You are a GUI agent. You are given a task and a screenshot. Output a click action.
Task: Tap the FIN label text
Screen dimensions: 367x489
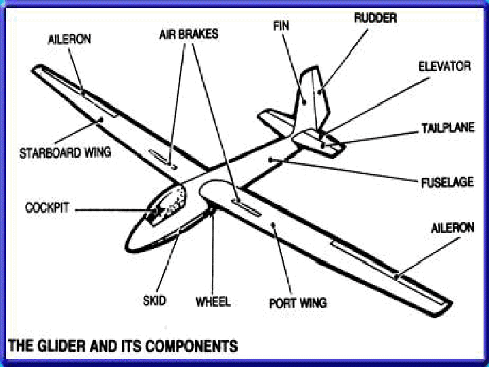(282, 26)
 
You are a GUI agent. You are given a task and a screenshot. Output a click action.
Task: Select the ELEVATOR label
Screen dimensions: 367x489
(444, 67)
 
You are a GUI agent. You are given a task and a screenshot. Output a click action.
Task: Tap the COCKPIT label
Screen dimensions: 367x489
(48, 208)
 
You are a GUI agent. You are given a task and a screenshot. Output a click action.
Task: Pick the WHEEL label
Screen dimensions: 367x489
(213, 301)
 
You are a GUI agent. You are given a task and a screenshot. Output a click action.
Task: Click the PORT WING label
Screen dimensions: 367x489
(298, 303)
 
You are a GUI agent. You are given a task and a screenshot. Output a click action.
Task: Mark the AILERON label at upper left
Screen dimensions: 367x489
(69, 39)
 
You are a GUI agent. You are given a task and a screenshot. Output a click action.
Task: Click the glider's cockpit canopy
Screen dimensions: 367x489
(166, 207)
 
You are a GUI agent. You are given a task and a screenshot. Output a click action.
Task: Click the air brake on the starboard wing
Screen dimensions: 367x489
(163, 158)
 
